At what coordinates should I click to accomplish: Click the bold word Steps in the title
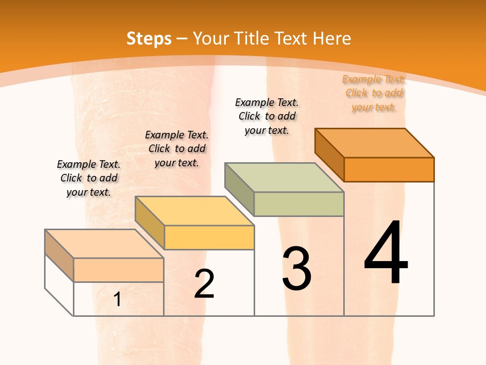[x=149, y=39]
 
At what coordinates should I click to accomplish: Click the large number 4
[x=386, y=253]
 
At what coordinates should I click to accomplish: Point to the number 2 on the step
[x=204, y=284]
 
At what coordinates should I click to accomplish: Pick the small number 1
[x=117, y=300]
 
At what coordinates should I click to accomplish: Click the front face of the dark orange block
[x=389, y=169]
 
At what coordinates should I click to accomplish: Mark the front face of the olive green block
[x=299, y=204]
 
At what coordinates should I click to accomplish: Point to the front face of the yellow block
[x=209, y=237]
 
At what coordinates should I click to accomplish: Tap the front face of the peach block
[x=118, y=270]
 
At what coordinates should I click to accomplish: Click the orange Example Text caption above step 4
[x=374, y=93]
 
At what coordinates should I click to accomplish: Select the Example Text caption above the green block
[x=267, y=116]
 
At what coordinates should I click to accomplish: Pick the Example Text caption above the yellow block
[x=177, y=149]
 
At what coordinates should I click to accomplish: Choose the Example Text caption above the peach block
[x=89, y=178]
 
